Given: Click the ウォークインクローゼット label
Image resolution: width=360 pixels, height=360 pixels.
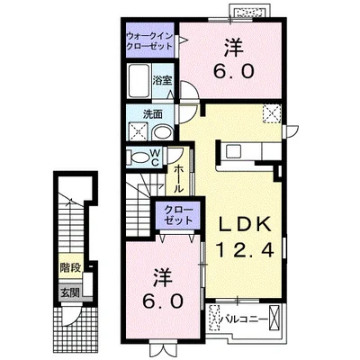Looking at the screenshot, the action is point(149,40).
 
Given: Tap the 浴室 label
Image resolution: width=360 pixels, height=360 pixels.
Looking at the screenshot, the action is point(162,80).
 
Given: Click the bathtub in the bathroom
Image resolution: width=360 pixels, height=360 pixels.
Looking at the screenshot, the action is point(139,80).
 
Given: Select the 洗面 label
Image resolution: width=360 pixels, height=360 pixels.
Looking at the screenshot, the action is point(153,114).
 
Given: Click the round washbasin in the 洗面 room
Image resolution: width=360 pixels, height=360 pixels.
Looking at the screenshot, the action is point(162,132).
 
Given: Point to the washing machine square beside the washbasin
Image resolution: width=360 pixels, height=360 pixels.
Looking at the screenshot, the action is point(138,132).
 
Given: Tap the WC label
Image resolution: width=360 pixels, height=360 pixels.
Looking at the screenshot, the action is point(155,157).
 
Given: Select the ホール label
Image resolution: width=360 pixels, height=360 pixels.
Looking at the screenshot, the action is point(178,179).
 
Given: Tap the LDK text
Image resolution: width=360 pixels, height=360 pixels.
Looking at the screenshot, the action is point(245,223).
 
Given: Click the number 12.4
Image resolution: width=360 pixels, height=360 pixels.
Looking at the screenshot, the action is point(245,249).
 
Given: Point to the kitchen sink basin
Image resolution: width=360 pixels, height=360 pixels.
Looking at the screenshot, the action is point(233,151).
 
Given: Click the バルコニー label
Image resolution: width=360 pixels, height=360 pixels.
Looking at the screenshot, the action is point(243,319).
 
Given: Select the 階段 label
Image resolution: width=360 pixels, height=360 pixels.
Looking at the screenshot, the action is point(70,267).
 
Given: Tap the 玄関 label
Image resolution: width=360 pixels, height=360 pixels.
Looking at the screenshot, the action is point(70,292).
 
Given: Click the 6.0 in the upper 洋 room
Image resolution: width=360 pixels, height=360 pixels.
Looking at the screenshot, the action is point(234,71).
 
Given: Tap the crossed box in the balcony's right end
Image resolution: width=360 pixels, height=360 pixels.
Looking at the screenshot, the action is point(274,317).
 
